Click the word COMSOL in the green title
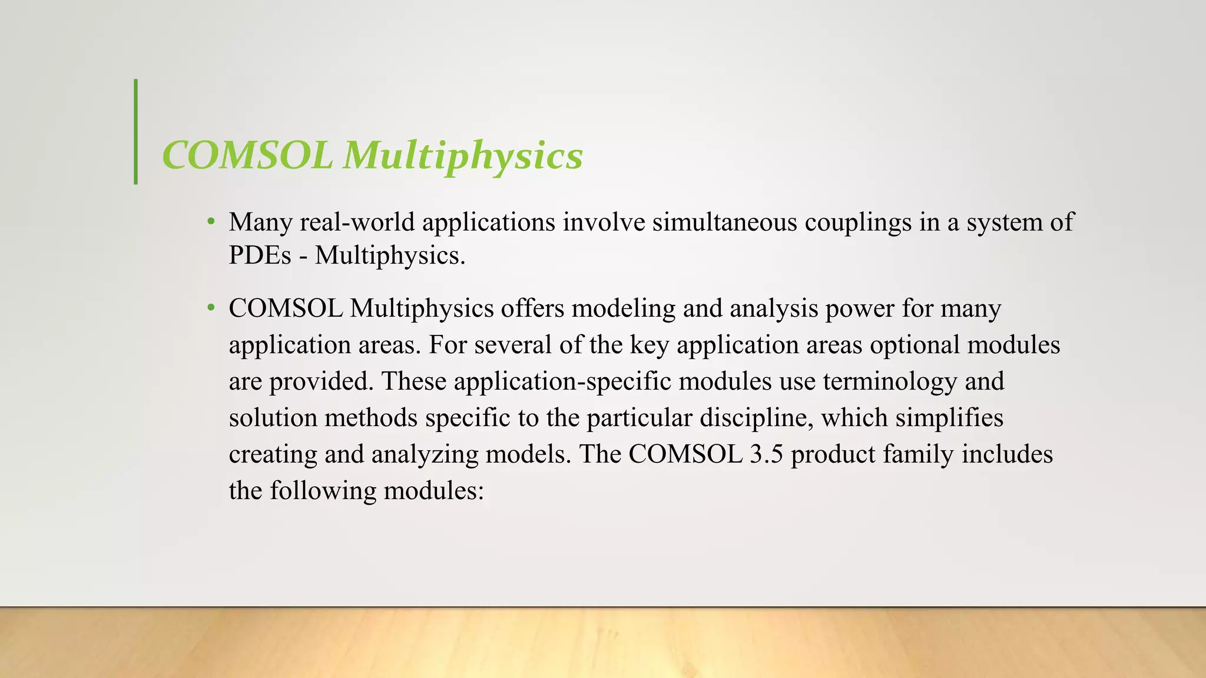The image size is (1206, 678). click(x=247, y=155)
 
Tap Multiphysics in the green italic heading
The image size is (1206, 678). click(x=463, y=155)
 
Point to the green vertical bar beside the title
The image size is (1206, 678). click(x=136, y=132)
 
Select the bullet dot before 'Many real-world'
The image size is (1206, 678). click(x=211, y=222)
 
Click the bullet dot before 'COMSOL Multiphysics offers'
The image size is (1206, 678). click(x=211, y=308)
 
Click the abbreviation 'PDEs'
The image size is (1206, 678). click(x=260, y=255)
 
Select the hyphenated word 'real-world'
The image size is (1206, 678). click(x=357, y=222)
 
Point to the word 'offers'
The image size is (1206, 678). click(x=533, y=308)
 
